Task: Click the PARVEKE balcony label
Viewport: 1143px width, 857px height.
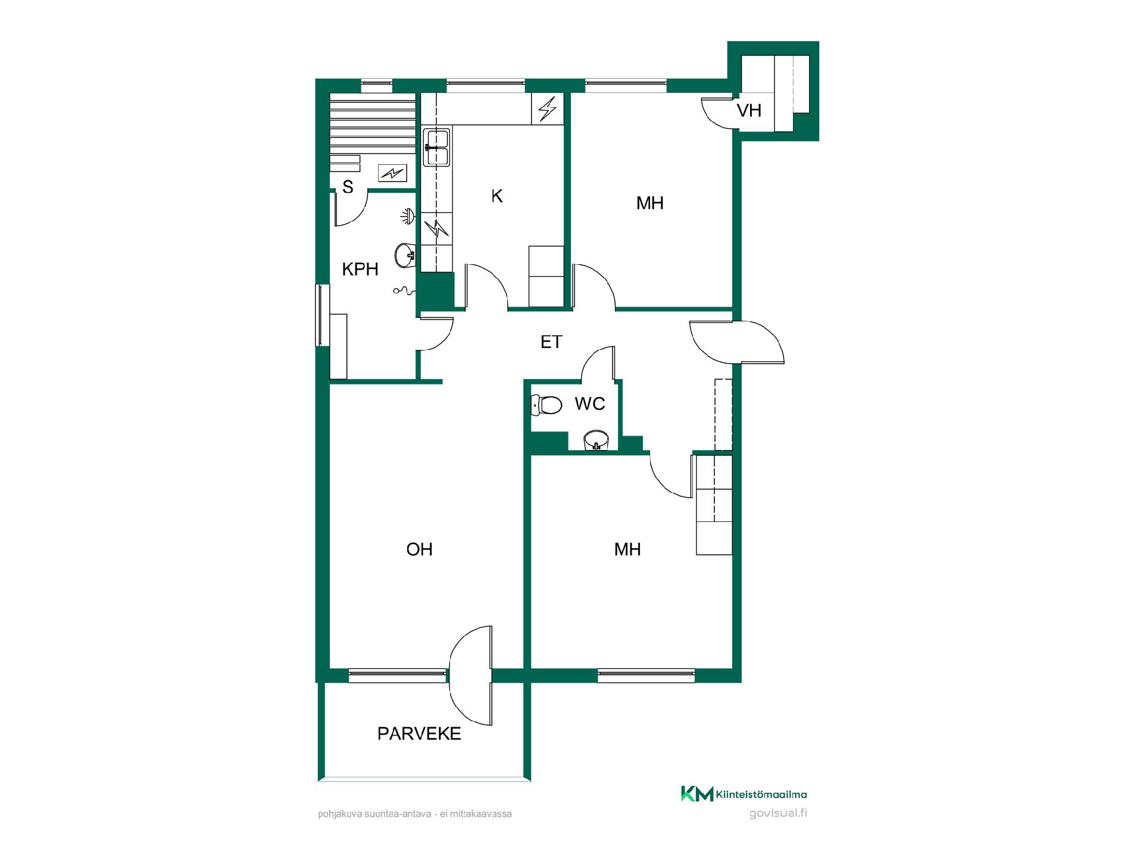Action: (419, 733)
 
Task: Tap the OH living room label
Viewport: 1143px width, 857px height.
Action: (419, 549)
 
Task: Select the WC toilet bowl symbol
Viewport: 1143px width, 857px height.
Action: (546, 405)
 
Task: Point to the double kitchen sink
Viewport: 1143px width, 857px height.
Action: (436, 148)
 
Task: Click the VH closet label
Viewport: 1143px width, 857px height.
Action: (749, 110)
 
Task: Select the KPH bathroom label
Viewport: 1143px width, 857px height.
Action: (360, 269)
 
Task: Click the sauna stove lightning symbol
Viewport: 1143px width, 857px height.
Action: (392, 173)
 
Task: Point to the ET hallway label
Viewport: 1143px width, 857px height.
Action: (551, 342)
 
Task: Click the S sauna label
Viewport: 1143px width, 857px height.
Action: (348, 187)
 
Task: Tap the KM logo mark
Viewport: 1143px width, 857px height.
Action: (697, 794)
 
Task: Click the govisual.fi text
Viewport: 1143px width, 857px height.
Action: (778, 814)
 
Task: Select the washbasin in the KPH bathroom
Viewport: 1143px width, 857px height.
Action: (405, 255)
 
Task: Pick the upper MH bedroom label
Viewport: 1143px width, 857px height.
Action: (649, 203)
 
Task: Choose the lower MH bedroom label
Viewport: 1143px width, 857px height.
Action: (627, 549)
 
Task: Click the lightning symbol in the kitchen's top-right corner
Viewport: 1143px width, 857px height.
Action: (547, 109)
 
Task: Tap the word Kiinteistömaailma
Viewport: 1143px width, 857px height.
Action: (762, 795)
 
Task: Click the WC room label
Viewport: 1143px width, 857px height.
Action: (589, 404)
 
